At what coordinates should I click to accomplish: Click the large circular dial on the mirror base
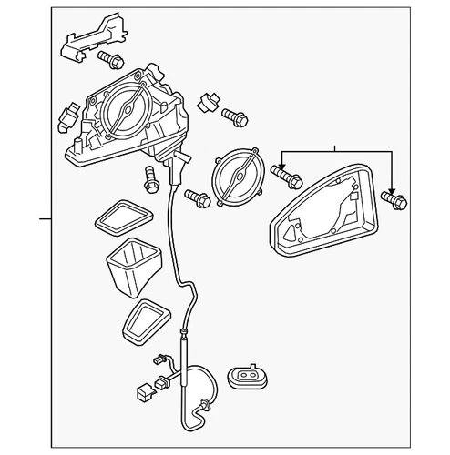(128, 111)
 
